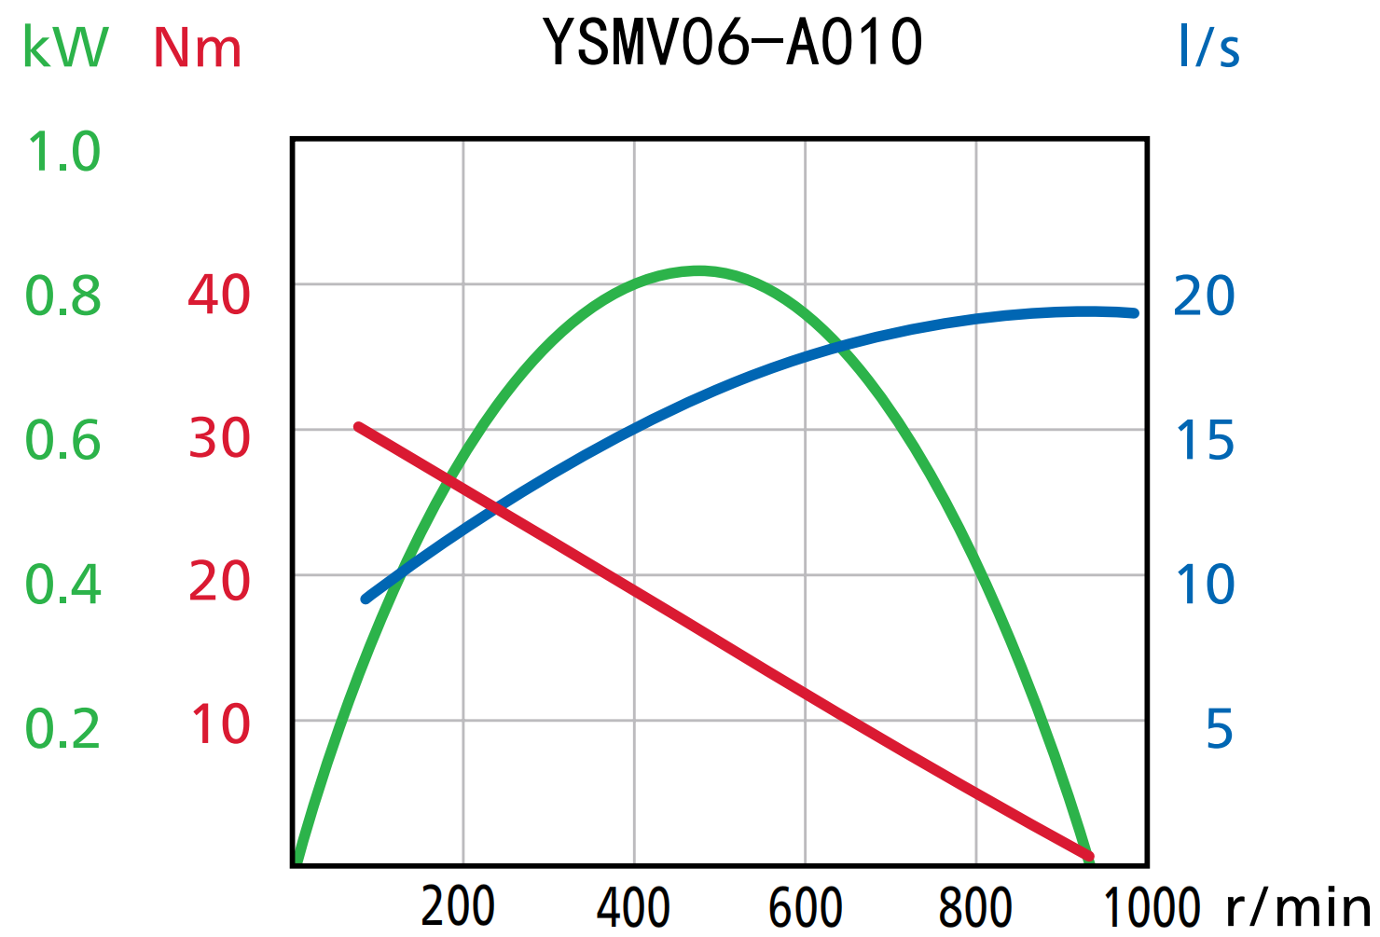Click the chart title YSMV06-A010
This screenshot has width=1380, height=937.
pos(733,43)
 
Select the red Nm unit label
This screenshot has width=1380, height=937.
pos(198,48)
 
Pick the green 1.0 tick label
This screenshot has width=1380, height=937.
pos(63,152)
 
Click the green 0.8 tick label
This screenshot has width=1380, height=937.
pos(63,296)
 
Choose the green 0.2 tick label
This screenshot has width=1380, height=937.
pos(63,729)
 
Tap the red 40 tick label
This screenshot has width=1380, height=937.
pos(219,296)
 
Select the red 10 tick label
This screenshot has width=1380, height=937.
pos(221,724)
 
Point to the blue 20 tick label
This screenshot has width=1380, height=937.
pos(1204,296)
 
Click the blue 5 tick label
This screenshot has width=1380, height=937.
pos(1220,729)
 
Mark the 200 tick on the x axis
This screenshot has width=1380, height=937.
pos(458,906)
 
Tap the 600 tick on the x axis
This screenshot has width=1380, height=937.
pos(806,906)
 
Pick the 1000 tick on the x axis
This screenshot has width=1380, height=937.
pos(1152,906)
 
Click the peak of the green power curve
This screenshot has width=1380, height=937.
pos(699,271)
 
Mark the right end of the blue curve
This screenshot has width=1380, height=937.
pos(1134,313)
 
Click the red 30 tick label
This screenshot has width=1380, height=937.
pos(219,439)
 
